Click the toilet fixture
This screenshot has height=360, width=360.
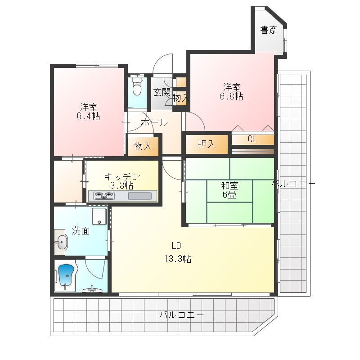pos(137,87)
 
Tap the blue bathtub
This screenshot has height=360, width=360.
pos(67,275)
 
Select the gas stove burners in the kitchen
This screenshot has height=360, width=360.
pos(103,196)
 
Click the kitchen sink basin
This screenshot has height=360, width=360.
pos(139,196)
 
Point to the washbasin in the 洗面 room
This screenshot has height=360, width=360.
pos(61,242)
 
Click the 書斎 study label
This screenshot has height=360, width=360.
pos(269,30)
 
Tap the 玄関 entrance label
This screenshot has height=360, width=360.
pos(162,92)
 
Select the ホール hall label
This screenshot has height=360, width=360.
pos(154,122)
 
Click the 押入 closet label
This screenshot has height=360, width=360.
pos(207,144)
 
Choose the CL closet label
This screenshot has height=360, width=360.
pos(252,139)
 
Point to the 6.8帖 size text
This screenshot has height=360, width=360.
pos(231,96)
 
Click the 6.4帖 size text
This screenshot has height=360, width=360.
pos(88,117)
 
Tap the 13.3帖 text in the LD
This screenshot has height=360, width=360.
pos(178,259)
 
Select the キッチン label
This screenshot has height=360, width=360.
pos(122,176)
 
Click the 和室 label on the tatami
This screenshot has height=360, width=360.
pos(229,185)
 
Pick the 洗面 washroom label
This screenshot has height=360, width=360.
pos(81,230)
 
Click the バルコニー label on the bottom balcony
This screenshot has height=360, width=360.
pos(181,315)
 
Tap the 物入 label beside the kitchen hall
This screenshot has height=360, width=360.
pos(143,146)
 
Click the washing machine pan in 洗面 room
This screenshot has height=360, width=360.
pos(99,216)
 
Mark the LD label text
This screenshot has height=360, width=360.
pos(176,246)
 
